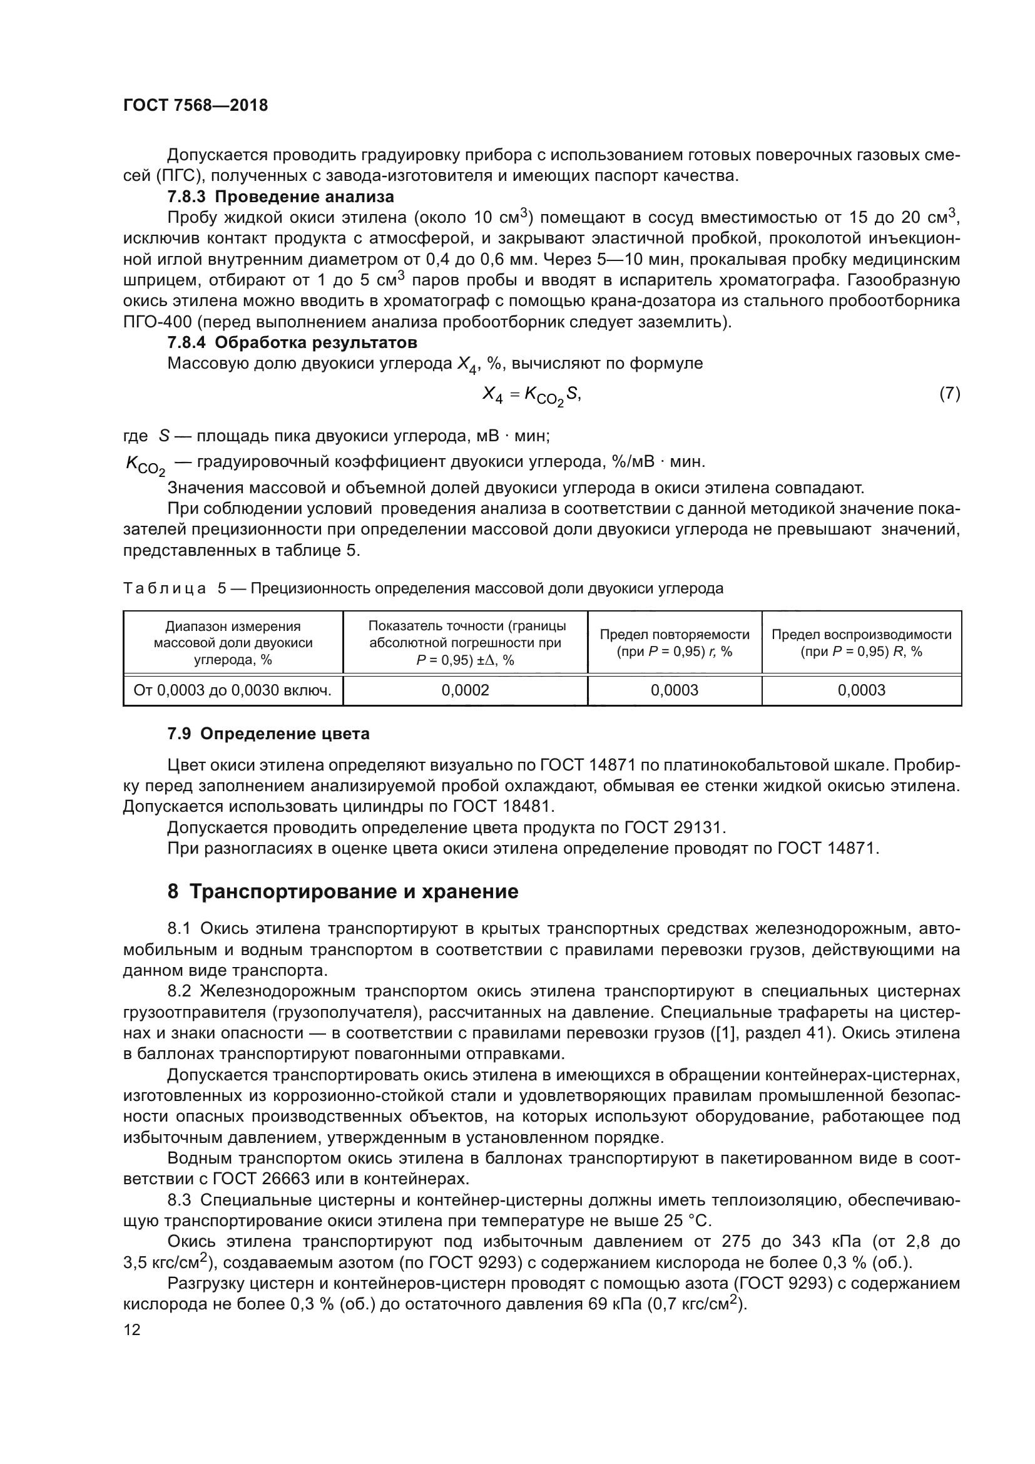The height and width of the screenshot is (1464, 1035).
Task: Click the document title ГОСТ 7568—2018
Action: point(195,106)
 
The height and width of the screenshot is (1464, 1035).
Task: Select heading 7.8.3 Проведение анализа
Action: point(280,197)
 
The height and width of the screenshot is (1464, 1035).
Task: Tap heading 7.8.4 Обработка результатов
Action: point(292,342)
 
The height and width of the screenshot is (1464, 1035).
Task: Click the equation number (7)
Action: point(950,394)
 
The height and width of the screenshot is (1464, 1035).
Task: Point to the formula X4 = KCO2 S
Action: point(531,396)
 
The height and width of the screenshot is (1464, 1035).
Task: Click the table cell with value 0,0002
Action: point(465,690)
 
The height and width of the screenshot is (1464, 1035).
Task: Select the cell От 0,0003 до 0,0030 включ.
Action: point(233,690)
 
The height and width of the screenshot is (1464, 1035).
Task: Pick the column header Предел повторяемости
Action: point(675,642)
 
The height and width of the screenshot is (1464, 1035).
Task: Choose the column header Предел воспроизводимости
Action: point(861,642)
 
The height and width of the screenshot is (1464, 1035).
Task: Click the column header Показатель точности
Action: point(465,642)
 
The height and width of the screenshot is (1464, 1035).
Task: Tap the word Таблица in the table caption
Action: point(165,588)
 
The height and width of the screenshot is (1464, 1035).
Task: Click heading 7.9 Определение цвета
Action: point(268,734)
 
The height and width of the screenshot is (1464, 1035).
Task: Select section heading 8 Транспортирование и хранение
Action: point(343,891)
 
